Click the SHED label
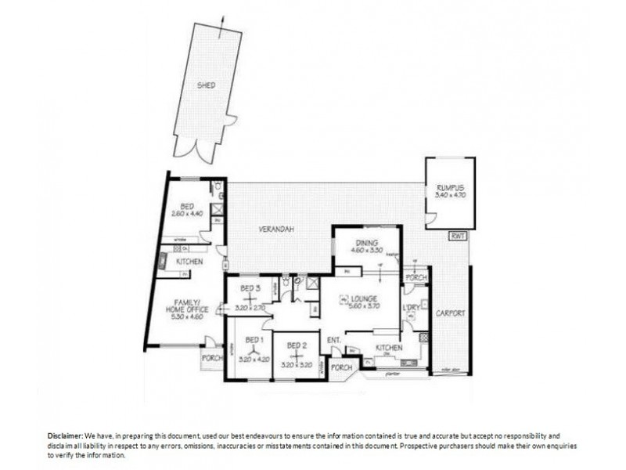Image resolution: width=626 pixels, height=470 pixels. pyautogui.click(x=206, y=85)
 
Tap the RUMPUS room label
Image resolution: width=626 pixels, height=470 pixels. pyautogui.click(x=450, y=187)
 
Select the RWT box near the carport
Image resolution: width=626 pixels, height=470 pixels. pyautogui.click(x=455, y=236)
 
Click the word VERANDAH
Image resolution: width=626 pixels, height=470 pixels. pyautogui.click(x=277, y=230)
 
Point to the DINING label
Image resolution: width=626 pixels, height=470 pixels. pyautogui.click(x=366, y=243)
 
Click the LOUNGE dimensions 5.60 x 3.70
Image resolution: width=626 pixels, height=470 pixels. pyautogui.click(x=365, y=307)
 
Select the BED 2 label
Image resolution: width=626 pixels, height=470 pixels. pyautogui.click(x=295, y=345)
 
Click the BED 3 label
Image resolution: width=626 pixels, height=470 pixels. pyautogui.click(x=251, y=288)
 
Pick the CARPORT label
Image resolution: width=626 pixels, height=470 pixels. pyautogui.click(x=451, y=313)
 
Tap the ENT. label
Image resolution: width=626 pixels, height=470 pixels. pyautogui.click(x=333, y=340)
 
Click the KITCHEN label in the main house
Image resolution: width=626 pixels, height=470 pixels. pyautogui.click(x=389, y=347)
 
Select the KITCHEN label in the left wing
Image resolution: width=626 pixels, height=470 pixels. pyautogui.click(x=190, y=261)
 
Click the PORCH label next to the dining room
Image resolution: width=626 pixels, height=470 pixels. pyautogui.click(x=416, y=277)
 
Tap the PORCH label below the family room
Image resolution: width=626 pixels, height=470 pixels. pyautogui.click(x=212, y=358)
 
